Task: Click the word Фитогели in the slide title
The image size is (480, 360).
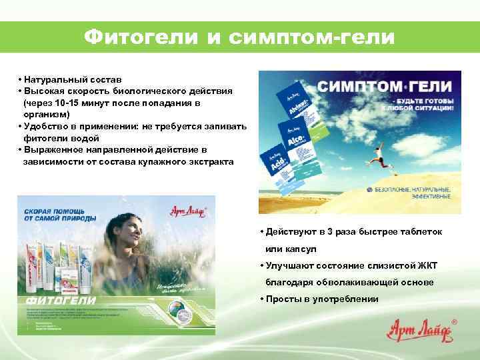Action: (x=140, y=37)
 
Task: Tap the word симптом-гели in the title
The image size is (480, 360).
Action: (x=312, y=37)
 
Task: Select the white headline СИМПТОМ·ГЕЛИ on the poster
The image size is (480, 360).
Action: (x=384, y=87)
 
